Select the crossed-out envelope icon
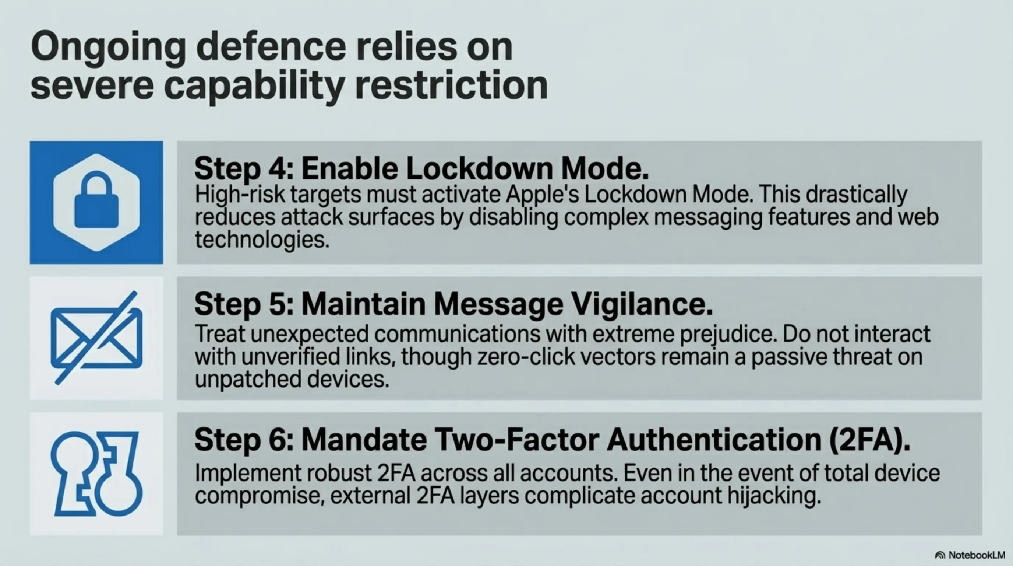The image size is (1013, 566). coord(96,338)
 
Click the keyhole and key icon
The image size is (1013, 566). coord(96,474)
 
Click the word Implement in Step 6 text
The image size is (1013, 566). coord(247,473)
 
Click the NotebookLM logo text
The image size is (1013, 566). coord(977,555)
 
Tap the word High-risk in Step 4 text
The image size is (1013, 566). coord(240,195)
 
